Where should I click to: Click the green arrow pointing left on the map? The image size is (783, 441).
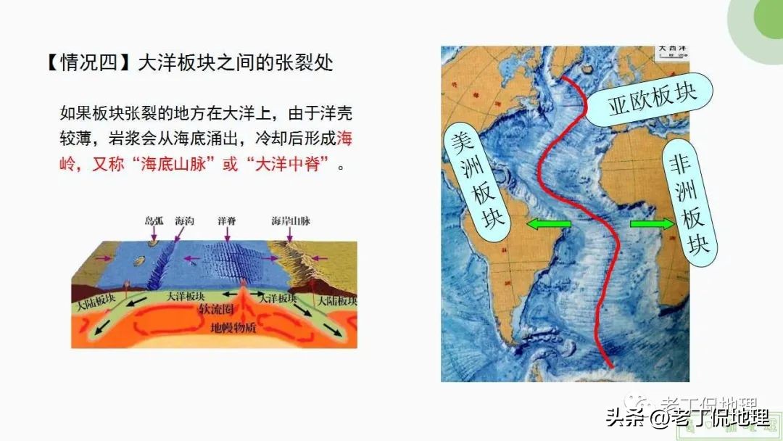click(548, 225)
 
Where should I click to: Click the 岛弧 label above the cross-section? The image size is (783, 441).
click(154, 220)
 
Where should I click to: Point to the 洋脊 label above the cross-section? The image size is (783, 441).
click(227, 220)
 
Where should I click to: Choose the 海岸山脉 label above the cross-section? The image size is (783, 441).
click(291, 220)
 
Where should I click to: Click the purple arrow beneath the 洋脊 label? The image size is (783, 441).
click(227, 234)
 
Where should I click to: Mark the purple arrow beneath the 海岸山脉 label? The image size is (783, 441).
click(291, 234)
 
